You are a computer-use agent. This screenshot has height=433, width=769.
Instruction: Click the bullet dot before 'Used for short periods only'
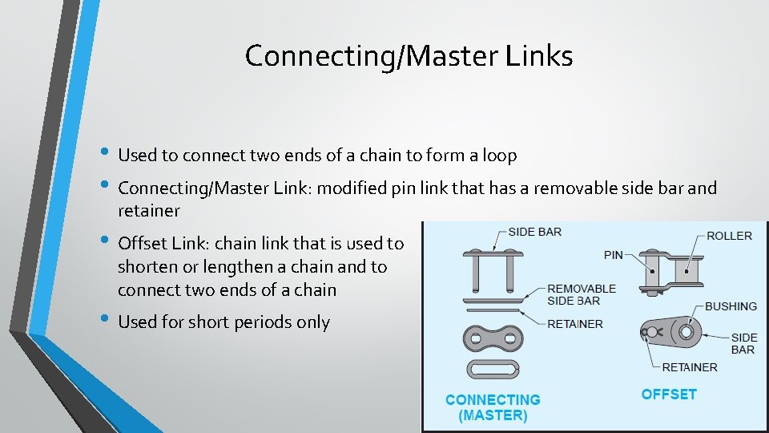106,321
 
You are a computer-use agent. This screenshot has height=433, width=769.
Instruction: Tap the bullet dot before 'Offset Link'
106,241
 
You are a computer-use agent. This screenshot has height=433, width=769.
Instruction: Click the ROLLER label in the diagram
729,236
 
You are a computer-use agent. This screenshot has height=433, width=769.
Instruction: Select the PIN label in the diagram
613,255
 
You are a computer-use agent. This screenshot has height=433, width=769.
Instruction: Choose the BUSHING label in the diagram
731,306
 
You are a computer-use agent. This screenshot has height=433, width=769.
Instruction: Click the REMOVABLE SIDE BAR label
582,294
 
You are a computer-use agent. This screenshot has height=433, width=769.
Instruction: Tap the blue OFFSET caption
669,395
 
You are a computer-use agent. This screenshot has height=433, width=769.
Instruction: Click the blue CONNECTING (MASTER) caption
493,407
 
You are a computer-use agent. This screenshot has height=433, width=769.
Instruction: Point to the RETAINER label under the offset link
690,367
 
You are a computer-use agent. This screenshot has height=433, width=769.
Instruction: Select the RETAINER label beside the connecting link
575,324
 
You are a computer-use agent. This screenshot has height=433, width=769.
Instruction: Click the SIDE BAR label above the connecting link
535,232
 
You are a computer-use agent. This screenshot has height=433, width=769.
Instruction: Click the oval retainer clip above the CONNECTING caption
493,370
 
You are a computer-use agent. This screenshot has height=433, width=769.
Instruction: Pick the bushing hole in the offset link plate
686,331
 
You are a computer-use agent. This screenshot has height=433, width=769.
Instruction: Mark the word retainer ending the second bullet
148,211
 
